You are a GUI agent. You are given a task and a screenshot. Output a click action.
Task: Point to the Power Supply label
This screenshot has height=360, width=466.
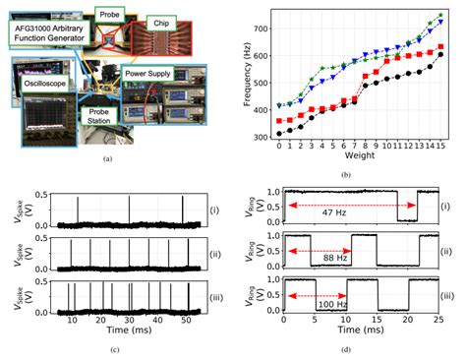[150, 72]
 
